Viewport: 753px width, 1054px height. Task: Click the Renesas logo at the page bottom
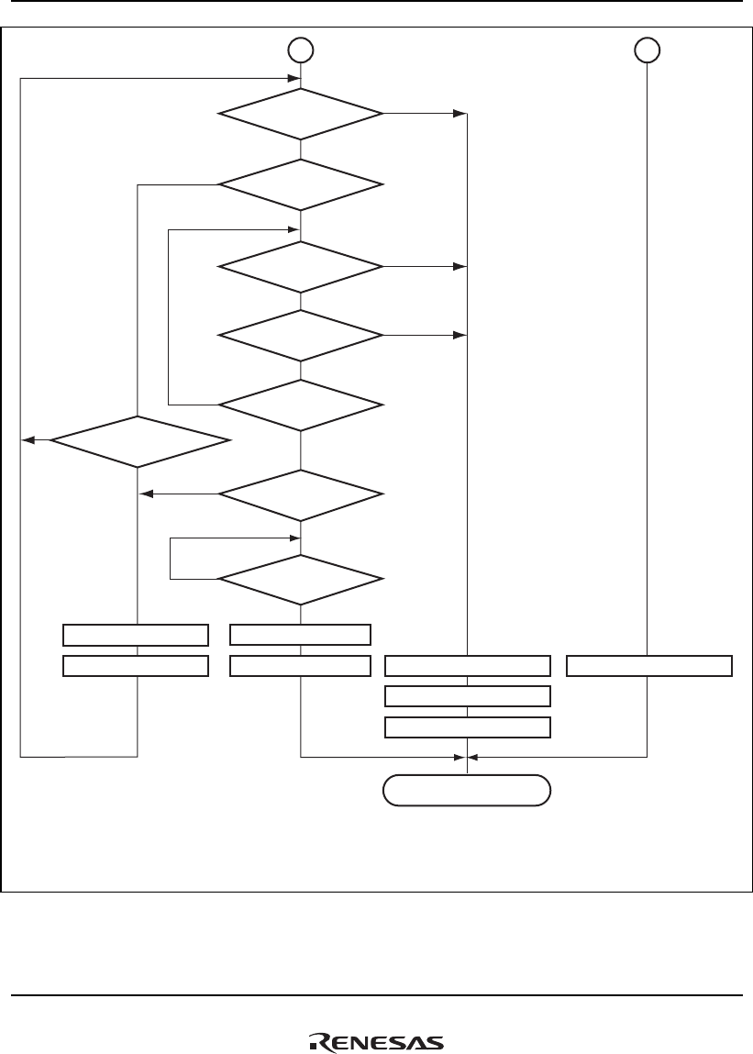pyautogui.click(x=375, y=1042)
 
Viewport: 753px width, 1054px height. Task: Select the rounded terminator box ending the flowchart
pyautogui.click(x=467, y=790)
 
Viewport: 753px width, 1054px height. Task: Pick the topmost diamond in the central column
pyautogui.click(x=301, y=114)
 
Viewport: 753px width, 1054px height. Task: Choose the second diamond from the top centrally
pyautogui.click(x=301, y=185)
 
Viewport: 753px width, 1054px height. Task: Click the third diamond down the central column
pyautogui.click(x=301, y=267)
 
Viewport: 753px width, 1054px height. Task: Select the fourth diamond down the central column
pyautogui.click(x=301, y=336)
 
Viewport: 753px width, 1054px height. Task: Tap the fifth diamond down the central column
pyautogui.click(x=301, y=405)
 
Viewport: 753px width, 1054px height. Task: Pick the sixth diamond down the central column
pyautogui.click(x=301, y=494)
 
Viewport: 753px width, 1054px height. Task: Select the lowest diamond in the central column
pyautogui.click(x=301, y=580)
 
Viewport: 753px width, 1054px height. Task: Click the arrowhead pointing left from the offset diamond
pyautogui.click(x=28, y=441)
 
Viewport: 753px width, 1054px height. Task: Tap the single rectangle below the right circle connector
pyautogui.click(x=648, y=666)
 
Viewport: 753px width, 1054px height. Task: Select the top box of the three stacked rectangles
pyautogui.click(x=467, y=666)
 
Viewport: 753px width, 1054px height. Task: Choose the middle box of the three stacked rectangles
pyautogui.click(x=467, y=695)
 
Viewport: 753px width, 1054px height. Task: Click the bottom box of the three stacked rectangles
pyautogui.click(x=467, y=727)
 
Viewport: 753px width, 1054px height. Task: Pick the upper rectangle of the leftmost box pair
pyautogui.click(x=135, y=635)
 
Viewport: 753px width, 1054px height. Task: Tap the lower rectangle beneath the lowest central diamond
pyautogui.click(x=300, y=666)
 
